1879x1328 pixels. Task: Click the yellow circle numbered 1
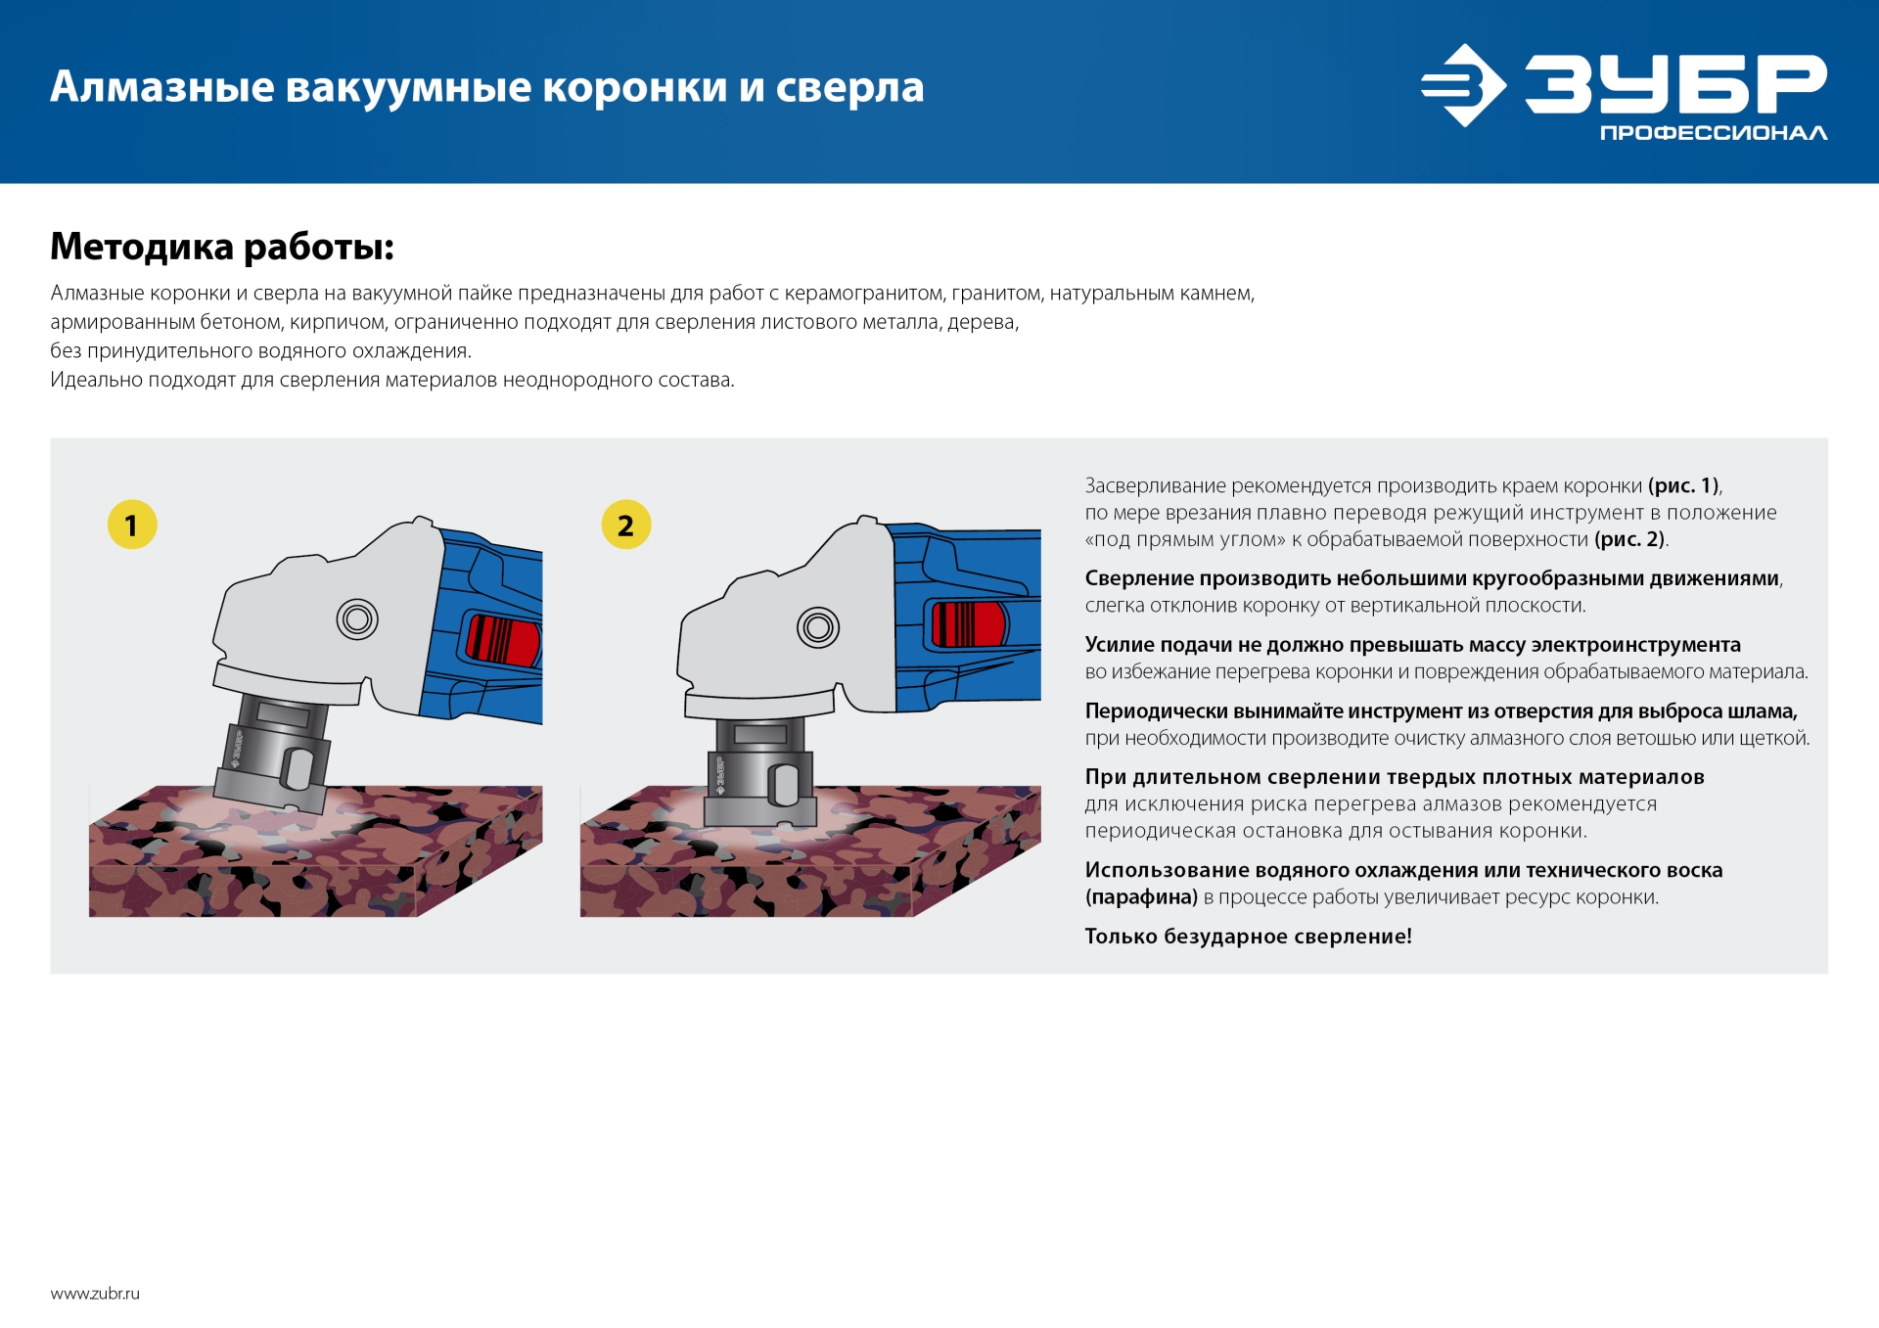click(132, 525)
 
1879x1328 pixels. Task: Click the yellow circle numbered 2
click(626, 525)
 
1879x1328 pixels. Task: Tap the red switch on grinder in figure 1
click(503, 640)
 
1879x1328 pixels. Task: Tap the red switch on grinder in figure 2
click(968, 624)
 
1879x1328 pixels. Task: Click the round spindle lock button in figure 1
click(357, 619)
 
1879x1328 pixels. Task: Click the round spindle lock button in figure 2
click(818, 627)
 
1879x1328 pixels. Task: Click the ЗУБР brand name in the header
click(1675, 84)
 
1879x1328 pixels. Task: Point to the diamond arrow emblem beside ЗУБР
click(1462, 85)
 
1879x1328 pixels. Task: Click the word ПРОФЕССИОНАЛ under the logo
click(1713, 133)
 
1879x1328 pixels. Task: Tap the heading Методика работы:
click(222, 247)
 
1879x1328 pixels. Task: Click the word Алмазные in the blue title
click(162, 87)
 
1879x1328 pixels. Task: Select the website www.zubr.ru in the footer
click(95, 1294)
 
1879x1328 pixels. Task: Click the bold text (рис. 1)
click(1683, 485)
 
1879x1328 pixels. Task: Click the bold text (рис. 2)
click(1629, 539)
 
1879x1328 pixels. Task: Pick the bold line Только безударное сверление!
click(1248, 937)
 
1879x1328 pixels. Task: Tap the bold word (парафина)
click(1141, 897)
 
